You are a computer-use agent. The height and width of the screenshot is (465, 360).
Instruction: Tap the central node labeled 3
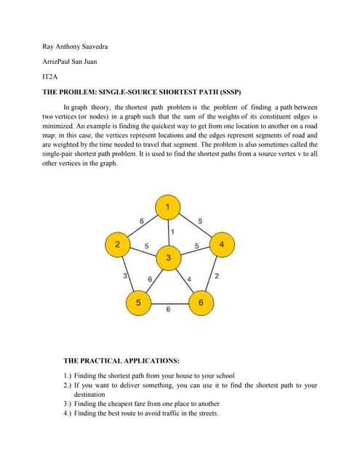coord(168,258)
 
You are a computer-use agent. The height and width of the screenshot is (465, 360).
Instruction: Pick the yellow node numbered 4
coord(221,245)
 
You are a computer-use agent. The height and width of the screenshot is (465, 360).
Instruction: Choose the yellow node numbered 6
coord(201,302)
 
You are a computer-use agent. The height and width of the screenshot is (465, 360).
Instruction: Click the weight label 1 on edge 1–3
coord(172,232)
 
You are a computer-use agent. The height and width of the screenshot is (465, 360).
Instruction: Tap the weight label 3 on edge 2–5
coord(124,277)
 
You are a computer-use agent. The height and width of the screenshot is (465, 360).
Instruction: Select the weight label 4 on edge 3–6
coord(189,280)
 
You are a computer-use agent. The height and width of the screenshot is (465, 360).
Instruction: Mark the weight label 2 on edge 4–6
coord(217,277)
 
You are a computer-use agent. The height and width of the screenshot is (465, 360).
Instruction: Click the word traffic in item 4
coord(179,413)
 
